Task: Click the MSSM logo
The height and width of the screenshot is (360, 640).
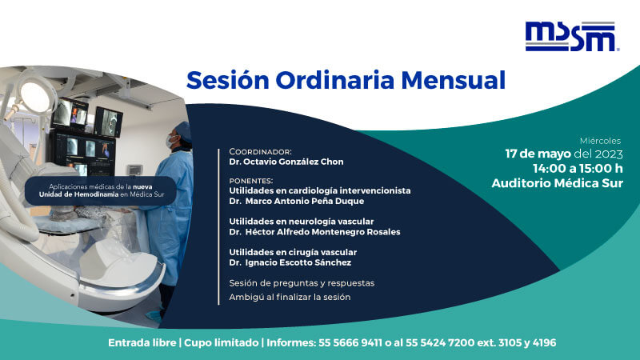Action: [x=571, y=37]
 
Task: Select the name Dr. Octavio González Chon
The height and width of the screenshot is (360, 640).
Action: [x=286, y=162]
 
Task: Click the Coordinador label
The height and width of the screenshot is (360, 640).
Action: [x=260, y=151]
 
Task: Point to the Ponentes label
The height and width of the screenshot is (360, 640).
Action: [x=250, y=181]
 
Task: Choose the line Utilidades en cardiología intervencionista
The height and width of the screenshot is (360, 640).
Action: [x=319, y=191]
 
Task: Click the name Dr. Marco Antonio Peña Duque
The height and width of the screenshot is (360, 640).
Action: [x=296, y=202]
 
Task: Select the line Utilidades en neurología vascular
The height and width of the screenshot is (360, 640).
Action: [x=301, y=222]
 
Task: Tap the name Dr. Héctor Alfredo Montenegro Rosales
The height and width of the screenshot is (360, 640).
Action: [x=314, y=232]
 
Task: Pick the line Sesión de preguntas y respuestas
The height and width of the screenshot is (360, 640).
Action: [x=302, y=283]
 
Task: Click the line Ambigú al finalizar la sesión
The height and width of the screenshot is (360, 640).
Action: [x=290, y=298]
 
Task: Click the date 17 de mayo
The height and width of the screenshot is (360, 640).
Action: [x=539, y=154]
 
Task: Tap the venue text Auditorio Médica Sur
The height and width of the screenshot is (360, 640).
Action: [x=557, y=183]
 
